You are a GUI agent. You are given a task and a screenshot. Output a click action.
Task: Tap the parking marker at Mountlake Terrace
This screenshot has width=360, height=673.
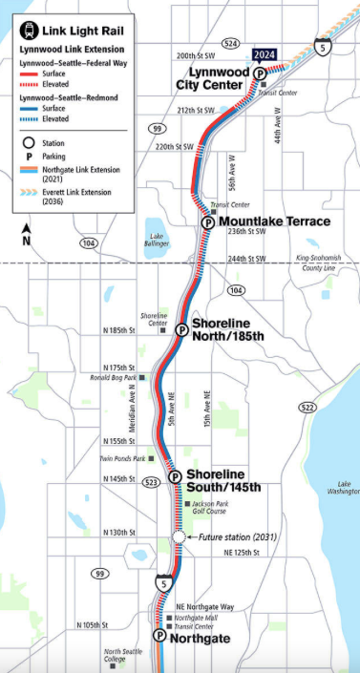point(208,221)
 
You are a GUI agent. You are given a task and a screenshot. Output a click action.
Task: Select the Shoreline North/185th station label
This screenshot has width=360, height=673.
point(226,330)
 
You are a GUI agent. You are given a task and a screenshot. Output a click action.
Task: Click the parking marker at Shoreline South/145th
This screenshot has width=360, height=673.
point(174,477)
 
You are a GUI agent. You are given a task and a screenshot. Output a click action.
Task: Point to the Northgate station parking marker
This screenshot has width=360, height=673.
point(159,635)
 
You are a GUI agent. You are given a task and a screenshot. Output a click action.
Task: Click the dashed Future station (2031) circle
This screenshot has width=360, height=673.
point(179,537)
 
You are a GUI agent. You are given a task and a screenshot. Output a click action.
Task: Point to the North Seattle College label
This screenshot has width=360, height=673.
point(122,656)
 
